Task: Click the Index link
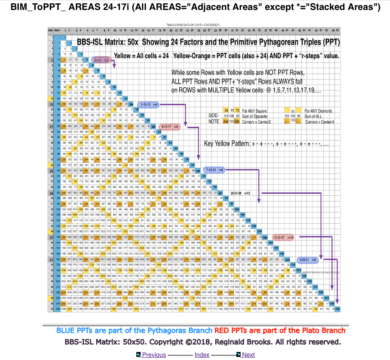pyautogui.click(x=202, y=355)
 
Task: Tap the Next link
pyautogui.click(x=248, y=355)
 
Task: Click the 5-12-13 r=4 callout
pyautogui.click(x=149, y=104)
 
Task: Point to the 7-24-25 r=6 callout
pyautogui.click(x=215, y=169)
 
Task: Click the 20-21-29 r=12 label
pyautogui.click(x=240, y=193)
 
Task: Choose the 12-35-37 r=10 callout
pyautogui.click(x=283, y=238)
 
